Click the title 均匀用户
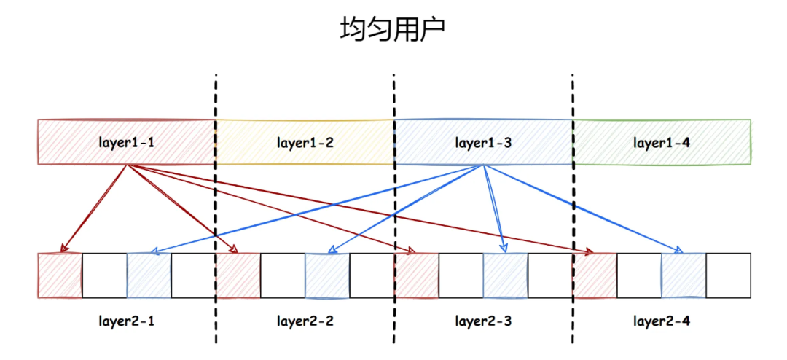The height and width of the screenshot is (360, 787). tap(393, 31)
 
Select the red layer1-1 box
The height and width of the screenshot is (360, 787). tap(126, 142)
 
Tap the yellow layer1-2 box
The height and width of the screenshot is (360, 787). tap(305, 142)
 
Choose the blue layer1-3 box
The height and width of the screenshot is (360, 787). tap(482, 142)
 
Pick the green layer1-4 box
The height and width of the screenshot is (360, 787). tap(661, 142)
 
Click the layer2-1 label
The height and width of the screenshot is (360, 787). tap(126, 320)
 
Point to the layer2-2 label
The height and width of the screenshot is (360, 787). tap(305, 320)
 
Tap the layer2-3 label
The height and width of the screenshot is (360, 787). tap(482, 320)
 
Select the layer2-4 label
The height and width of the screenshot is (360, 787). tap(661, 320)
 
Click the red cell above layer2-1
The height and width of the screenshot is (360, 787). tap(59, 275)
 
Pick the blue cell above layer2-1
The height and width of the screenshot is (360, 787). tap(149, 275)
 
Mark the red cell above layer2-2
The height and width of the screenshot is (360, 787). tap(238, 275)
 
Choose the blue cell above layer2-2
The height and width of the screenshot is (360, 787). tap(327, 275)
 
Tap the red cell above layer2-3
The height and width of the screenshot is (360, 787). tap(416, 275)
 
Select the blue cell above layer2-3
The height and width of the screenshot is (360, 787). tap(505, 275)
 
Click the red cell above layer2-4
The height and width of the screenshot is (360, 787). tap(595, 275)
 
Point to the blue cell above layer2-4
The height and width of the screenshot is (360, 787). tap(684, 275)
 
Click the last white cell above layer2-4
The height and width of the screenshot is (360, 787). tap(728, 275)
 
